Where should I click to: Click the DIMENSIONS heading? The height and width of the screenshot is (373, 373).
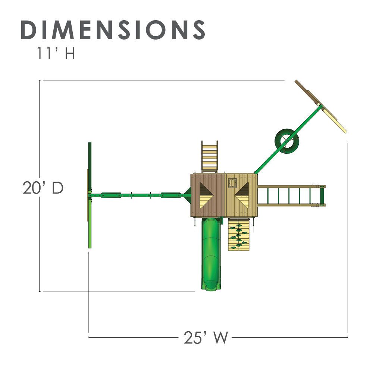(x=113, y=30)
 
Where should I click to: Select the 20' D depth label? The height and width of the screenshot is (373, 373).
(x=43, y=188)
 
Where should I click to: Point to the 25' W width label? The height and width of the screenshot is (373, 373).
(x=206, y=337)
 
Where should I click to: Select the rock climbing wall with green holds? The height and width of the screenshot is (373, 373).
(x=239, y=234)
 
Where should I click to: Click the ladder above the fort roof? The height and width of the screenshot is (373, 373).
(x=210, y=157)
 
